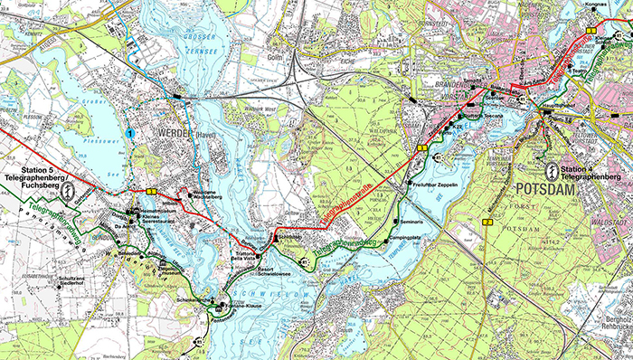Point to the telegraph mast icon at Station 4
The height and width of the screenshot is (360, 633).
click(551, 167)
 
